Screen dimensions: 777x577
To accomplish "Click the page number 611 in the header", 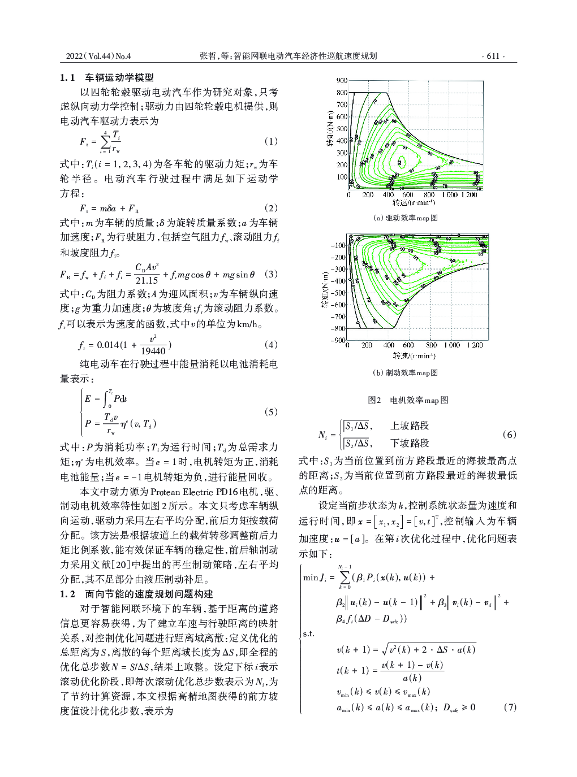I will tap(493, 56).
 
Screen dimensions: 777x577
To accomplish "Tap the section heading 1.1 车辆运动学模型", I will tap(107, 77).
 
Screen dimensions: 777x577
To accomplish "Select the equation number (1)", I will tap(271, 141).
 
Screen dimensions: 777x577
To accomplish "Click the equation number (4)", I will tap(271, 345).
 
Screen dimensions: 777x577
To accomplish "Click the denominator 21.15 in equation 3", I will tap(147, 280).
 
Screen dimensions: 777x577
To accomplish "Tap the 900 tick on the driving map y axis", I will tap(341, 81).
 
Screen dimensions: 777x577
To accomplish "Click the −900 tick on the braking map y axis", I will tap(339, 340).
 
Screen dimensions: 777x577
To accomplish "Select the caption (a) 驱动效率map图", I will tap(405, 218).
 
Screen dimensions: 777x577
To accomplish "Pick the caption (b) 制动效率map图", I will tap(405, 372).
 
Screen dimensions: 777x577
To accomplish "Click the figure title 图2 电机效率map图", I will tap(407, 400).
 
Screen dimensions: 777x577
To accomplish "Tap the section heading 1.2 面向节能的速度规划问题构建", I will tap(136, 594).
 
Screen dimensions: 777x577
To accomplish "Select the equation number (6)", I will tap(509, 435).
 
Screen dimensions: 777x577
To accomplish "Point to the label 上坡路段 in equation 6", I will tap(409, 426).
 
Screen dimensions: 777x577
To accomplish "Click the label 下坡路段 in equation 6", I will tap(409, 443).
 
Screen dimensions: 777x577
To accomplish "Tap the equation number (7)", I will tap(509, 706).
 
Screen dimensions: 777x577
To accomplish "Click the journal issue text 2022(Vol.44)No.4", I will tap(98, 56).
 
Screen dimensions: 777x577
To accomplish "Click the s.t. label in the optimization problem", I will tap(309, 633).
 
